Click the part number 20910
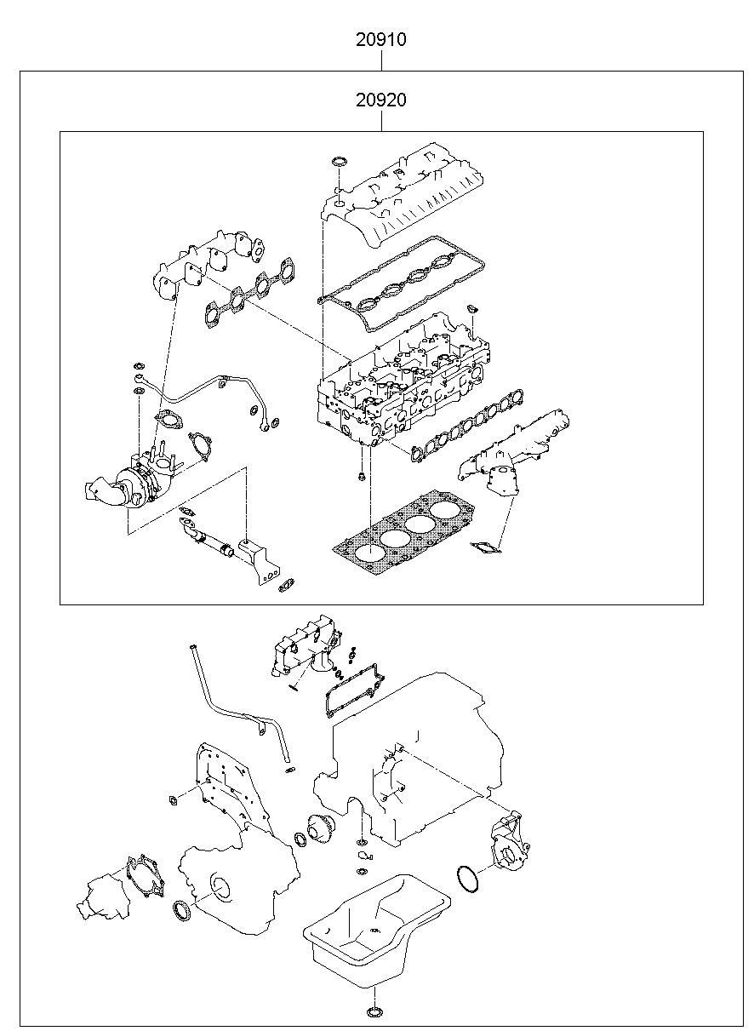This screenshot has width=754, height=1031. pos(381,39)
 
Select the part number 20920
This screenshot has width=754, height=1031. pos(381,100)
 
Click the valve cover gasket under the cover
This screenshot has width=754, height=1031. pos(401,284)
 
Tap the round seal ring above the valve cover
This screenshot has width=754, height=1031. pos(339,162)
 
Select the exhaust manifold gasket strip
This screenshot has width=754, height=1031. pos(248,292)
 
